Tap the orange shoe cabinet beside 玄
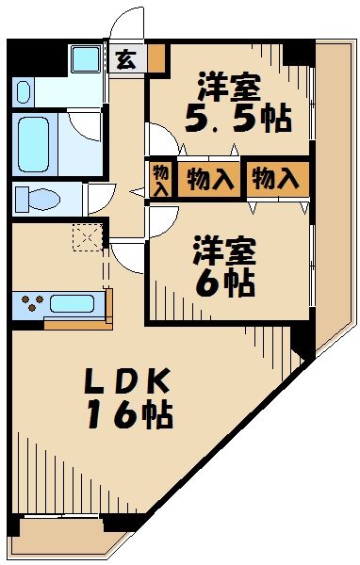click(x=157, y=58)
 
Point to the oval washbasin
click(x=24, y=92)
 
